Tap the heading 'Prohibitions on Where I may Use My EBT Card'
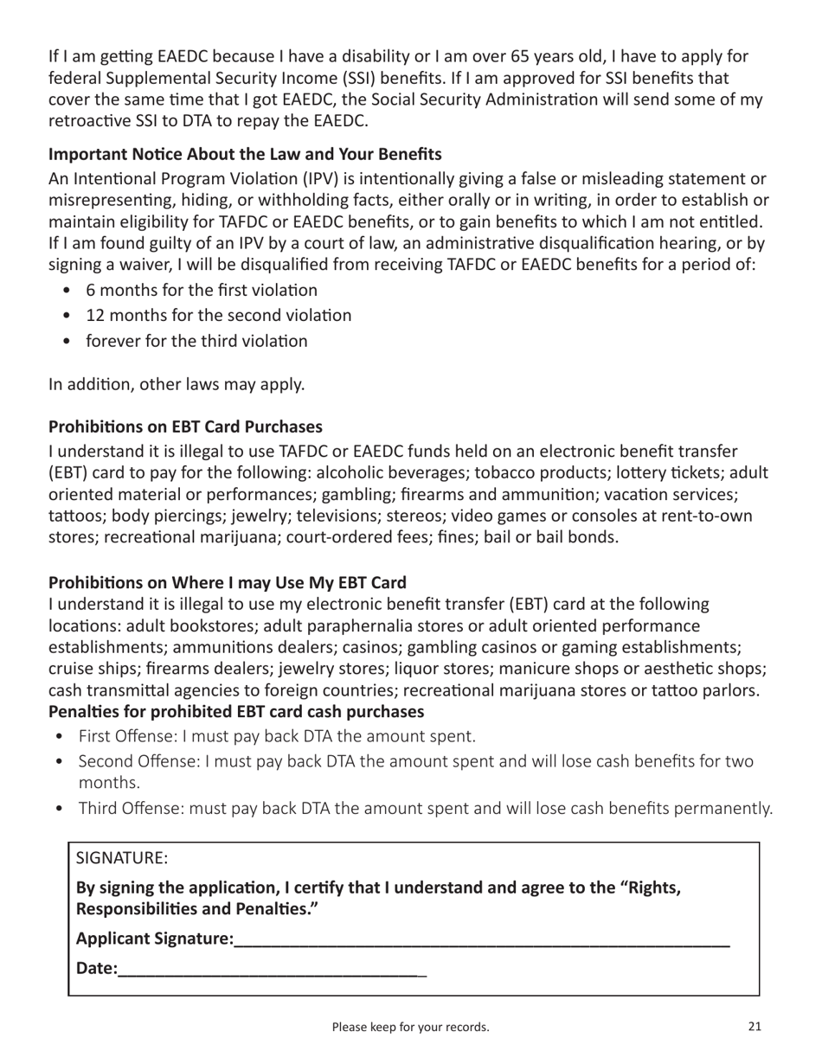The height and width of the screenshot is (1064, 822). [227, 583]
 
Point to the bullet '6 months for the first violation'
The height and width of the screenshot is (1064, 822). [201, 291]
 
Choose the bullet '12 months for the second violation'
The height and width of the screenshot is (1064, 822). [218, 316]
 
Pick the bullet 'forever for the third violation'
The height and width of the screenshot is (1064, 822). [196, 341]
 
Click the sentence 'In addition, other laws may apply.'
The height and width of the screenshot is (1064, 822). [177, 384]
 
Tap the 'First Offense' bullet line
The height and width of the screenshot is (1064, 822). [277, 737]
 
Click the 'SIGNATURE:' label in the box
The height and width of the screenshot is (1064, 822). [122, 859]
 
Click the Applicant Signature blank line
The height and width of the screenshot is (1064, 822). [481, 940]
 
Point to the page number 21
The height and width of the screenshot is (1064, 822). [755, 1027]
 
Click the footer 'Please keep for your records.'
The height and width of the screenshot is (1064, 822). [411, 1028]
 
